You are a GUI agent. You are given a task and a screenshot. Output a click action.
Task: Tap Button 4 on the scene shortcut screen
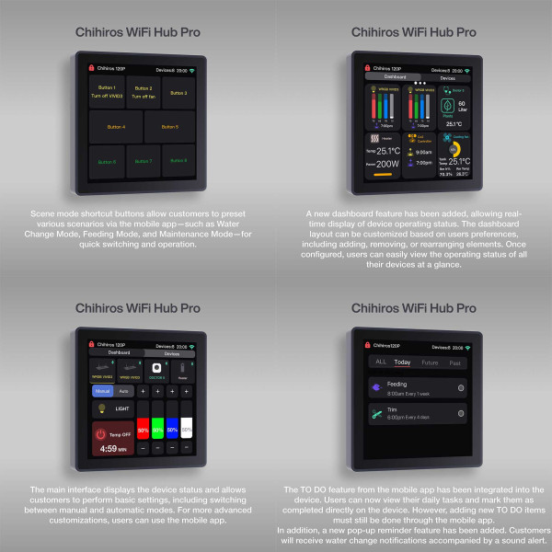[x=116, y=126]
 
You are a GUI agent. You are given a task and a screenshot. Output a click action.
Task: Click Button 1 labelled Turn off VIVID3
[x=108, y=93]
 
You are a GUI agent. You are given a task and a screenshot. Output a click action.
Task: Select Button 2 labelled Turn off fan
[x=143, y=93]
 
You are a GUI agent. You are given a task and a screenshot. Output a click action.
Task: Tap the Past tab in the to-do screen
[x=454, y=362]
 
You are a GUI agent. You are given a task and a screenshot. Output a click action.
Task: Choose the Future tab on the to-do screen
[x=430, y=362]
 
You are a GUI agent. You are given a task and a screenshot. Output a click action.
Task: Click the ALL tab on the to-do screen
[x=381, y=362]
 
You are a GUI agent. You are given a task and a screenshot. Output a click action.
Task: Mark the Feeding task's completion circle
[x=461, y=387]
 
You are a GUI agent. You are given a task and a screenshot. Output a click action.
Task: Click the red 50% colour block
[x=143, y=430]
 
